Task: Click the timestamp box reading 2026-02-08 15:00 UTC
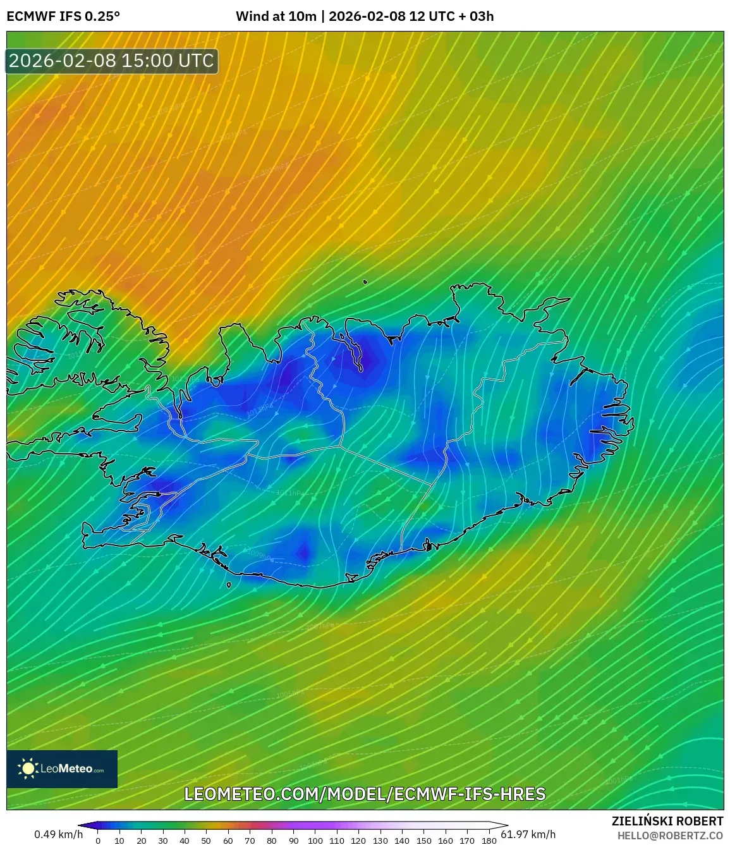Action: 112,61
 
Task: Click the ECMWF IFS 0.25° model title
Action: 63,16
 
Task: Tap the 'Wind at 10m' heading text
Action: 276,16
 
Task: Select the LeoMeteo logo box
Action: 62,769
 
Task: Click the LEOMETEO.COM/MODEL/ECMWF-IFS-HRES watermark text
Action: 365,794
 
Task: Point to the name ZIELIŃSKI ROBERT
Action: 667,821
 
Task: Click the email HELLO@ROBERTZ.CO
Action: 670,836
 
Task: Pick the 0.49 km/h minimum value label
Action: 58,834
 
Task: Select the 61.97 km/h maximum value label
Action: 528,834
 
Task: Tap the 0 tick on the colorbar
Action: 98,841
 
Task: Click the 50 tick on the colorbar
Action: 206,841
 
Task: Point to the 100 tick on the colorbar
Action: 315,841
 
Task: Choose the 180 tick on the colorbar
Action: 489,841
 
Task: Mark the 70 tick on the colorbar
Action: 250,841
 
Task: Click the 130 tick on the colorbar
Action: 380,841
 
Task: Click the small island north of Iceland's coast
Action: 365,283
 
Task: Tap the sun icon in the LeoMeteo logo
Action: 28,769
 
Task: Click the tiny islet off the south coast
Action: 229,585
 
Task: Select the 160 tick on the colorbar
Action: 445,841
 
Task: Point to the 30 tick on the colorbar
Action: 163,841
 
